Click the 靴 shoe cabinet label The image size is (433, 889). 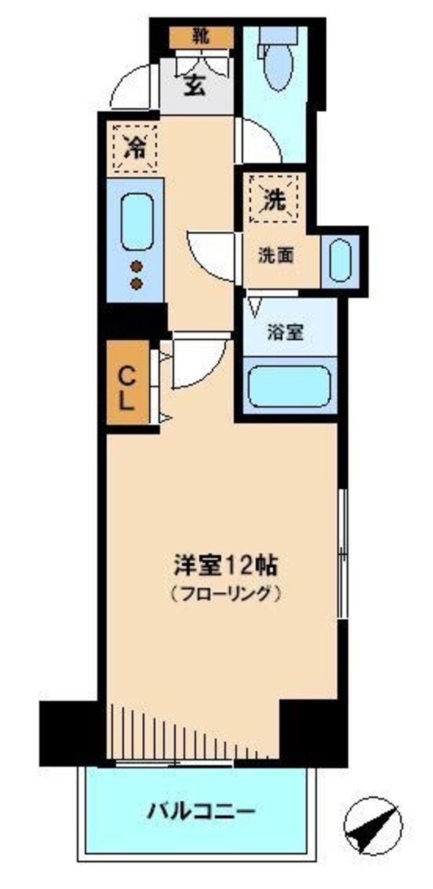pos(201,35)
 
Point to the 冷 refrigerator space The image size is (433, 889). pos(134,148)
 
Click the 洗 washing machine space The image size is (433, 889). pos(274,201)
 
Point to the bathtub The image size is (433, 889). pos(289,387)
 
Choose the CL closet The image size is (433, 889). pos(128,387)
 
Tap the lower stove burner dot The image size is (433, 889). pos(136,284)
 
